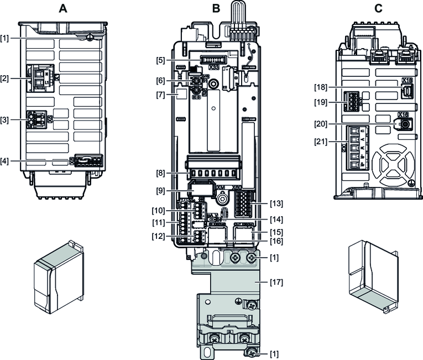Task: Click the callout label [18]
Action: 320,87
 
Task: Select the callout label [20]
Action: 320,124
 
